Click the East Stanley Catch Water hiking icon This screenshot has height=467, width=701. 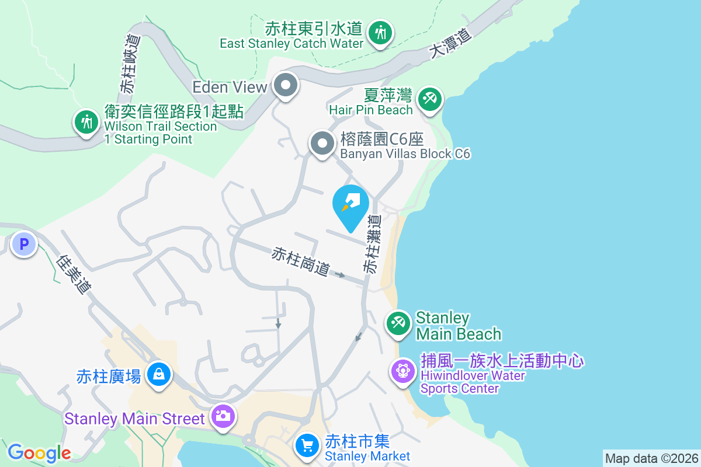[381, 32]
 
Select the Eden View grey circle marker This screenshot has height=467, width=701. [286, 86]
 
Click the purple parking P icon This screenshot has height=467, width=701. [25, 244]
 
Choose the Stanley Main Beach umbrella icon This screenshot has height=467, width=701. [399, 323]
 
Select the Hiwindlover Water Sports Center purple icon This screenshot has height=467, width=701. [402, 370]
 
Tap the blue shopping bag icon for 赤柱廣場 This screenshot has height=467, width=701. [159, 373]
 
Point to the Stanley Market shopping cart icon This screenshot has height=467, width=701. [307, 445]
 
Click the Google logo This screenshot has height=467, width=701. [39, 453]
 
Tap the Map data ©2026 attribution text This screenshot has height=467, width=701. [651, 458]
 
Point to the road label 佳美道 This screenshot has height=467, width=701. [75, 274]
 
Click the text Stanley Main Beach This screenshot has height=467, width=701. [458, 326]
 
